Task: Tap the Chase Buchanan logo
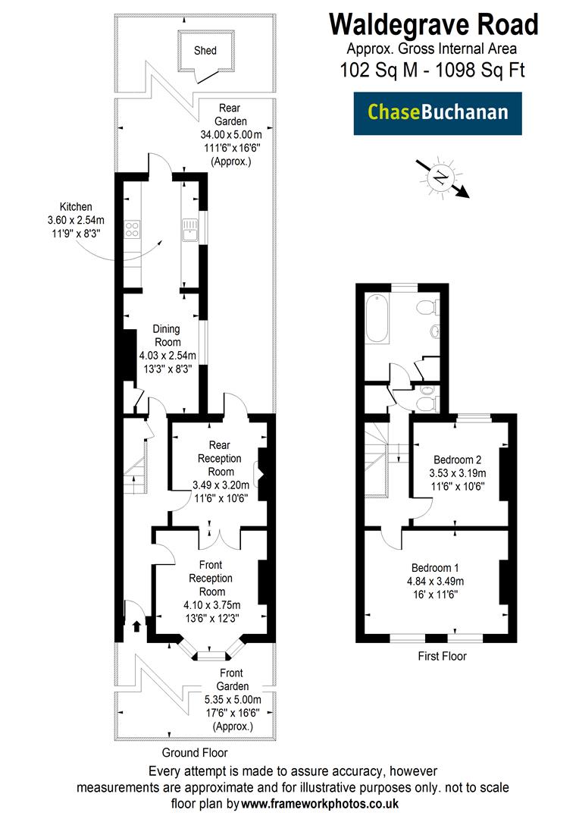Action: click(437, 113)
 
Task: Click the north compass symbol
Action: click(440, 177)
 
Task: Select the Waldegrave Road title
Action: click(433, 24)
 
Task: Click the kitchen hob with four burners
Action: click(132, 228)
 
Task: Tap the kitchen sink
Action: click(188, 227)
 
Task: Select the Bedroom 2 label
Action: click(457, 460)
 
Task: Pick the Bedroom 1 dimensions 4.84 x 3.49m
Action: click(437, 582)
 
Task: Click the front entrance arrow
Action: click(136, 626)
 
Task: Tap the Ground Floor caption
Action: click(194, 753)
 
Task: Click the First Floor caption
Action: click(443, 656)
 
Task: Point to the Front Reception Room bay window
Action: click(210, 651)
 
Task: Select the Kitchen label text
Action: click(76, 206)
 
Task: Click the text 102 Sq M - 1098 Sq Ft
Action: click(433, 70)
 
